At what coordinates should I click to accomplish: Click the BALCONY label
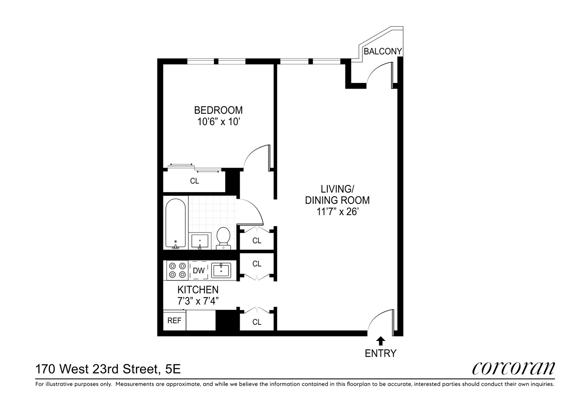click(383, 51)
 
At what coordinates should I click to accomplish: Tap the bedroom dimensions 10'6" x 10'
click(219, 122)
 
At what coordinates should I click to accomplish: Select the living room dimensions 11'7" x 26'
click(337, 211)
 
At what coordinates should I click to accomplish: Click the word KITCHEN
click(198, 289)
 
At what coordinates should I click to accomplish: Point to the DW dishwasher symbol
click(199, 270)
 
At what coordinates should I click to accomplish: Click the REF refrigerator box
click(174, 321)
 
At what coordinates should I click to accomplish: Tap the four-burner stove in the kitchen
click(178, 270)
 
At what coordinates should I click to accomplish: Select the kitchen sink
click(221, 270)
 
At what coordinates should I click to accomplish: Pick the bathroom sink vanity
click(200, 241)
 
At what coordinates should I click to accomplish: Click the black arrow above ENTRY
click(380, 341)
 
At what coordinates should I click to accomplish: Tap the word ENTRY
click(380, 353)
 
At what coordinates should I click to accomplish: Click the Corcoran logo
click(513, 368)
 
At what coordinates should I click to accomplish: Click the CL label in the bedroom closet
click(195, 181)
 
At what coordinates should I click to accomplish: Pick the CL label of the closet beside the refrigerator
click(257, 322)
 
